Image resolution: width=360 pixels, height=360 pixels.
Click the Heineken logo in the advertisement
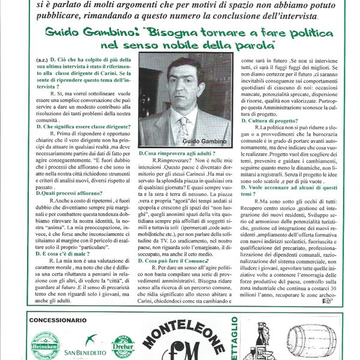click(46, 346)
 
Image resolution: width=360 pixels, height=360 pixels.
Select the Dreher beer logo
click(122, 346)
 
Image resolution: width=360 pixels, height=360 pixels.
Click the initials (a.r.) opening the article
click(43, 59)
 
